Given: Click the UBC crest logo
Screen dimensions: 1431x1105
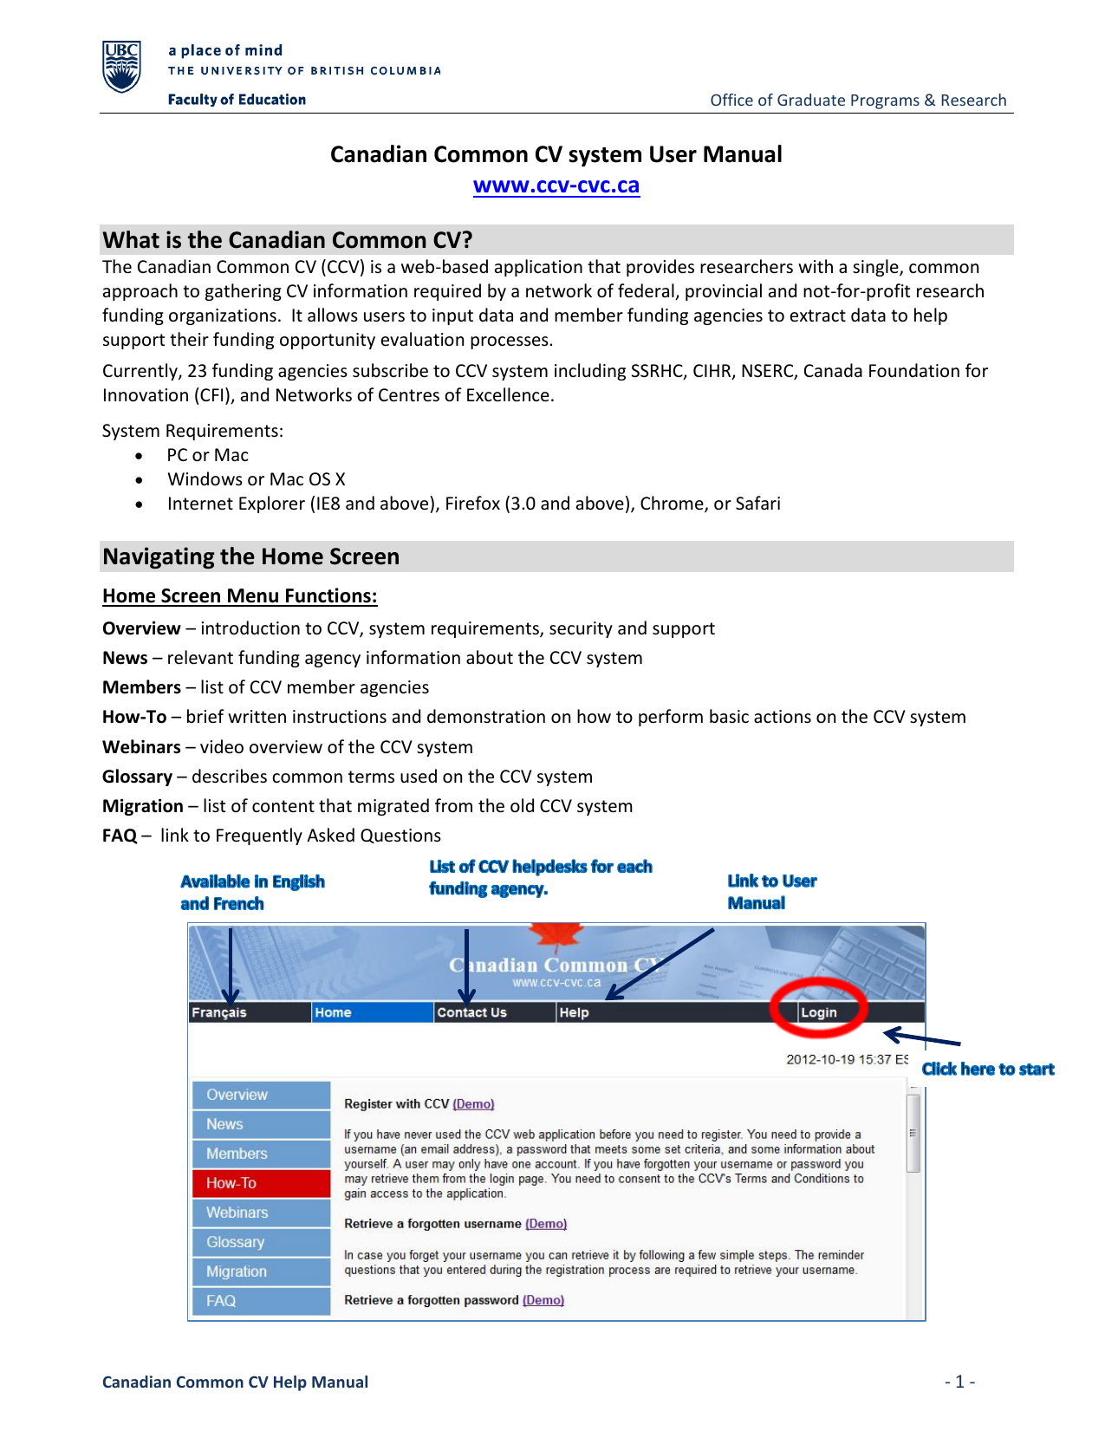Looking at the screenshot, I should coord(121,67).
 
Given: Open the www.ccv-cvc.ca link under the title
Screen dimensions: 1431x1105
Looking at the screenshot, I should coord(556,185).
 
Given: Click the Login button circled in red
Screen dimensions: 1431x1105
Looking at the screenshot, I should coord(818,1012).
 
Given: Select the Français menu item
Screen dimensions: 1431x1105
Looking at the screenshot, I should coord(219,1012).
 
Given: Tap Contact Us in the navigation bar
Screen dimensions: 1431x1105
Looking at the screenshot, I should coord(471,1012).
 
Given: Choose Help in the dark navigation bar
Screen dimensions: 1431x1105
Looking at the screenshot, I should coord(574,1012).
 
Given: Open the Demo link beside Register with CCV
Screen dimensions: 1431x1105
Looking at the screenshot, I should coord(473,1104).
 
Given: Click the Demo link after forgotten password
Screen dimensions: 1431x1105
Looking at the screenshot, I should coord(543,1300).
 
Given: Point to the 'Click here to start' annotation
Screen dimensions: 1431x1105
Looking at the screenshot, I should coord(987,1069).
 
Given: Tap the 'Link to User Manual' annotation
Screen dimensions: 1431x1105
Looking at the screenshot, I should coord(771,892).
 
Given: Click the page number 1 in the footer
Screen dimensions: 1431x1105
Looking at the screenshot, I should coord(959,1382).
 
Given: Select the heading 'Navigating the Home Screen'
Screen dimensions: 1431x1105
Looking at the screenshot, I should coord(251,556).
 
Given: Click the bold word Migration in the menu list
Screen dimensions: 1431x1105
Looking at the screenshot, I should coord(143,806).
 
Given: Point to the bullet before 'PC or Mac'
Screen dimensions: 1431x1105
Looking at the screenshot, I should coord(139,456).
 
